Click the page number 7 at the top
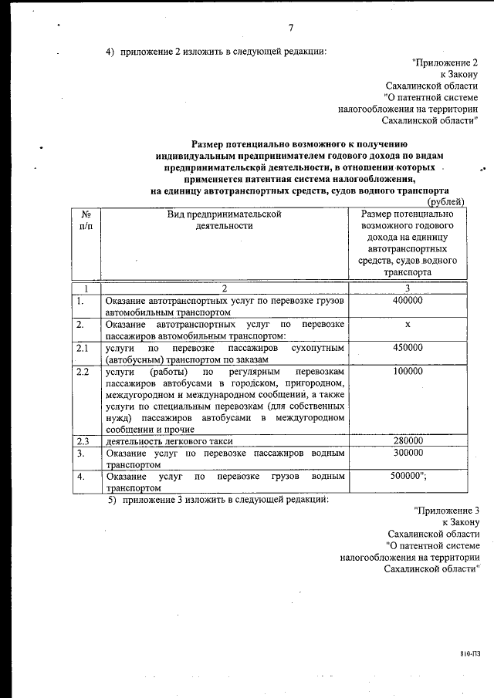click(291, 29)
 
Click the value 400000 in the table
click(407, 301)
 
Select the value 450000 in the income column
click(407, 348)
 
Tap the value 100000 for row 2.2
click(407, 371)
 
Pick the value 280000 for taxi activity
click(407, 441)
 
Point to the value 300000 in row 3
click(407, 454)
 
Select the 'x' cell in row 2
click(407, 325)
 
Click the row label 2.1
click(83, 348)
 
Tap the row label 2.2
click(83, 371)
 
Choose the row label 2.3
click(83, 441)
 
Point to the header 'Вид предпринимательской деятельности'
click(224, 220)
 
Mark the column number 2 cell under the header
click(224, 288)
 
